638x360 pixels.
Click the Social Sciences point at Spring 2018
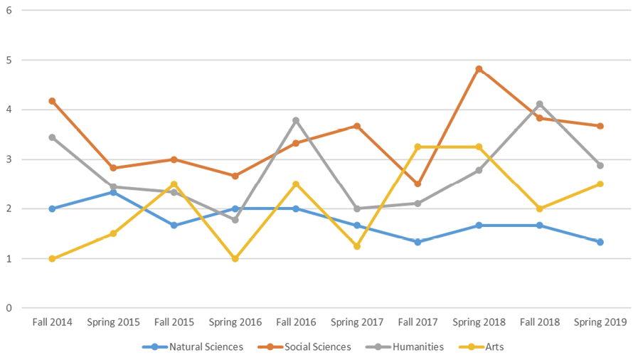pos(479,69)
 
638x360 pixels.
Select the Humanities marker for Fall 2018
pos(540,104)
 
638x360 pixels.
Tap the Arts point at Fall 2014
pos(52,258)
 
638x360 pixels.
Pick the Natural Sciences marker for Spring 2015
pos(113,192)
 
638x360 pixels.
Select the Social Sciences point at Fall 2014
pos(52,101)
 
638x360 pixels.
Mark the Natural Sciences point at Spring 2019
pos(600,242)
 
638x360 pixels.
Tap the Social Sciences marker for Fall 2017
pos(418,184)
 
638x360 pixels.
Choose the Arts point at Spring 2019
pos(600,184)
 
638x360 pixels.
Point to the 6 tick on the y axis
pos(8,11)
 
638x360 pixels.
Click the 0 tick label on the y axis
pos(8,308)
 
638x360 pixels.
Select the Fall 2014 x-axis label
pos(52,322)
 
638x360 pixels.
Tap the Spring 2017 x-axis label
pos(356,322)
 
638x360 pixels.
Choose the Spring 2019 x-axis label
pos(600,322)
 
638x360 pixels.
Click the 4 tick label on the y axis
pos(8,110)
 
